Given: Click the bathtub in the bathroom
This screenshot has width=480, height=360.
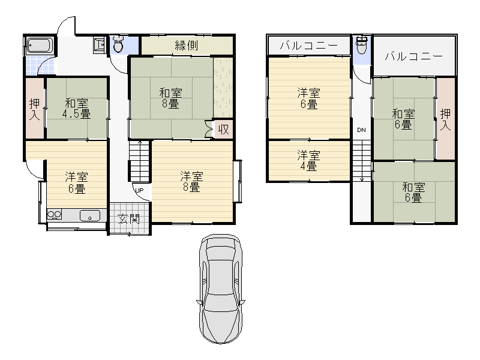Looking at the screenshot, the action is pyautogui.click(x=40, y=46).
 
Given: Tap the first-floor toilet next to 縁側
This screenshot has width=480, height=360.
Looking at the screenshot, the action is pyautogui.click(x=118, y=44).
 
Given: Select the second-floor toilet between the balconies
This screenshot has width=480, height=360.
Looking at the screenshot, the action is pyautogui.click(x=362, y=46).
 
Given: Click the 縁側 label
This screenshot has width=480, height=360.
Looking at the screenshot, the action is pyautogui.click(x=187, y=46).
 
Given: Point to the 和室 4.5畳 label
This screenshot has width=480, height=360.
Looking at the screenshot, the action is pyautogui.click(x=76, y=109).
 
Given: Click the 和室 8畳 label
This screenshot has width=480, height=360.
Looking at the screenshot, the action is pyautogui.click(x=170, y=98).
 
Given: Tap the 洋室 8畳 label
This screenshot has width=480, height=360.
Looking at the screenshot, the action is pyautogui.click(x=191, y=182).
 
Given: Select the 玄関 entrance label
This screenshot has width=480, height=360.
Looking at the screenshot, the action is pyautogui.click(x=129, y=218).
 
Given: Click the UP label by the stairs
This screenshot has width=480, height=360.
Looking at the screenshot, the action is pyautogui.click(x=139, y=190).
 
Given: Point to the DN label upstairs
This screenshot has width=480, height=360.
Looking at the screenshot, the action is pyautogui.click(x=362, y=130).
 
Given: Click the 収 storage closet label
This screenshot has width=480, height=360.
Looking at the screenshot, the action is pyautogui.click(x=223, y=129).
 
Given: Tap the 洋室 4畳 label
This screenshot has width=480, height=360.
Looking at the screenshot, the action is pyautogui.click(x=308, y=161).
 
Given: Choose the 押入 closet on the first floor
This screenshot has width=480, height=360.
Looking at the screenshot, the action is pyautogui.click(x=35, y=109).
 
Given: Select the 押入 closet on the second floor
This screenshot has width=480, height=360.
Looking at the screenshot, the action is pyautogui.click(x=445, y=119).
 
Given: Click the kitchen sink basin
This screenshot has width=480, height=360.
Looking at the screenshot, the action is pyautogui.click(x=89, y=215).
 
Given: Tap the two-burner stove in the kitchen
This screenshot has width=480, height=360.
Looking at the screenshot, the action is pyautogui.click(x=54, y=214).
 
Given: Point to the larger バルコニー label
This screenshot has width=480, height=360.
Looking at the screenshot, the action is pyautogui.click(x=413, y=56).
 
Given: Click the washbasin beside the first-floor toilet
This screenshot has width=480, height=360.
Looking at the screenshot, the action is pyautogui.click(x=99, y=45).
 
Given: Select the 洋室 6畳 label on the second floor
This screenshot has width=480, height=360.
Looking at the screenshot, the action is pyautogui.click(x=308, y=98).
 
